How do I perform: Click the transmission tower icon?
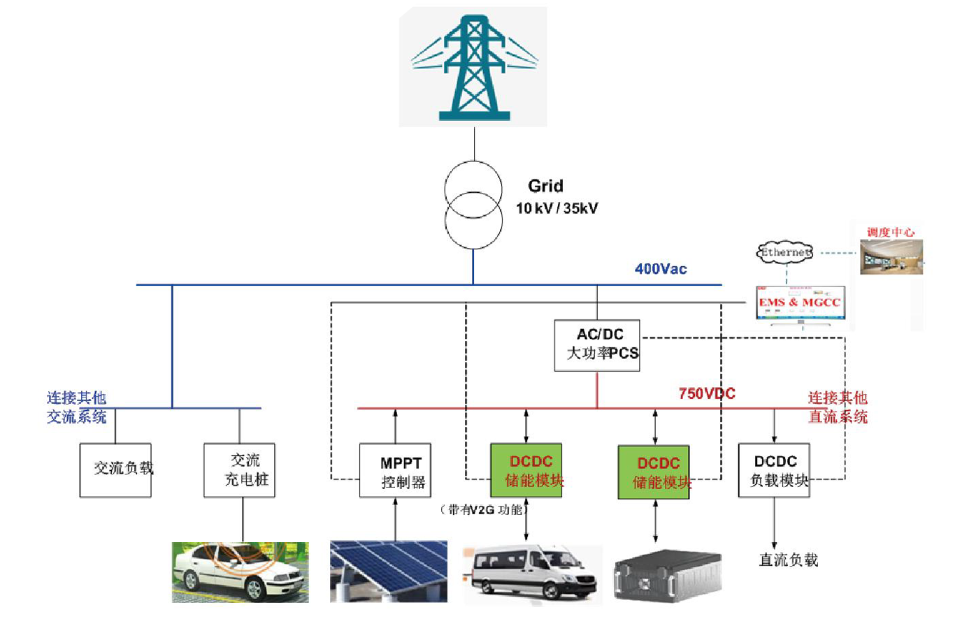473,67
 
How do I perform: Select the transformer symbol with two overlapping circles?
473,205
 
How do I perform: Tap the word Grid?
545,186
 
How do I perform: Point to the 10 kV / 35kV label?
557,208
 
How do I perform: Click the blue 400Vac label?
660,269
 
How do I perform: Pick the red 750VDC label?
706,393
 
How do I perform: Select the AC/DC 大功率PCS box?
597,345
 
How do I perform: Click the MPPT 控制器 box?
395,470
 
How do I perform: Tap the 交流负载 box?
115,469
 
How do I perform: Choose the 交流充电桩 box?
239,469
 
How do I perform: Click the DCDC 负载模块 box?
774,470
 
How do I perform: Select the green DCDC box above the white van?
526,470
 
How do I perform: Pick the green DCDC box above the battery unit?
654,472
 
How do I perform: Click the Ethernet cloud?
785,252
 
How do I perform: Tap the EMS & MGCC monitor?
801,303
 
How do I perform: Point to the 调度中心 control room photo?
891,256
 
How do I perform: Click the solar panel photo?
389,571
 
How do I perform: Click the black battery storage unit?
667,576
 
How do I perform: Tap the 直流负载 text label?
788,560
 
